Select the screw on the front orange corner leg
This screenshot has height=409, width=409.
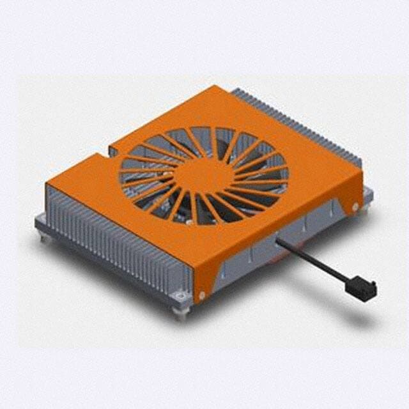203,296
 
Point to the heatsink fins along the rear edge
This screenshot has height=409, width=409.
300,121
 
